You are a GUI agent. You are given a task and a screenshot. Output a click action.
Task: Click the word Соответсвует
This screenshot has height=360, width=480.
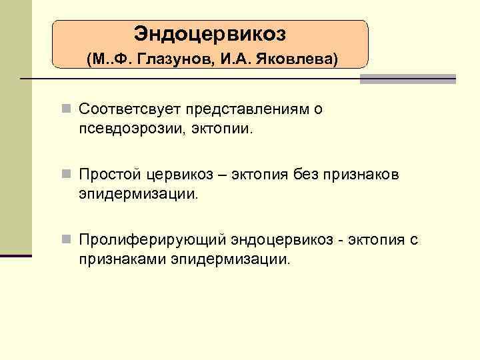coord(130,109)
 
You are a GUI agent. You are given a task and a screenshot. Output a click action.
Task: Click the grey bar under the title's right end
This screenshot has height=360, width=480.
coord(407,79)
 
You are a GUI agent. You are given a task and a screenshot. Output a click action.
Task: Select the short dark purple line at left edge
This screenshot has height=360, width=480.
coord(16,255)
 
